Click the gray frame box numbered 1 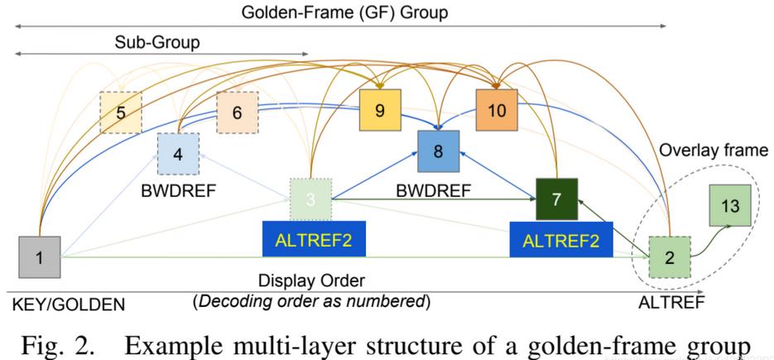click(x=39, y=257)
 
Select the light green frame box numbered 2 click(x=669, y=257)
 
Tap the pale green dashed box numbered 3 click(x=310, y=199)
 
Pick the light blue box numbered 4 click(x=179, y=152)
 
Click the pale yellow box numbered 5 click(x=121, y=113)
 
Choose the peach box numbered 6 click(x=238, y=113)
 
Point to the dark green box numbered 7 click(x=556, y=199)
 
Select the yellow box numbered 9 click(x=380, y=110)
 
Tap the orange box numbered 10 click(x=497, y=110)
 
